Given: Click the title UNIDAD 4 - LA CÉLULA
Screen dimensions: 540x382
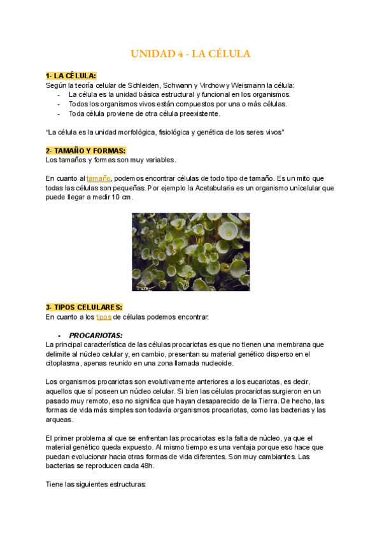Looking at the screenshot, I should click(x=190, y=54).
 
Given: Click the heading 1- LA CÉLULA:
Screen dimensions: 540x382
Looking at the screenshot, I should click(x=71, y=76).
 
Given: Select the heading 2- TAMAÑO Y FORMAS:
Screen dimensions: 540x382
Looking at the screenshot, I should click(x=86, y=150).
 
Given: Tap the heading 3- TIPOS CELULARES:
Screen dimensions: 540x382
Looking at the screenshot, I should click(x=84, y=307).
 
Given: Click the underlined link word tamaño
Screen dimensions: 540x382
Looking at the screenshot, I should click(x=99, y=179).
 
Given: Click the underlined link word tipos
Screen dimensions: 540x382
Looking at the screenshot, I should click(x=104, y=316).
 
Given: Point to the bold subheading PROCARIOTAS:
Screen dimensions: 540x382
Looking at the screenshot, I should click(x=95, y=335).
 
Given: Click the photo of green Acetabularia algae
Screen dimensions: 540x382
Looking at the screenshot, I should click(x=190, y=252).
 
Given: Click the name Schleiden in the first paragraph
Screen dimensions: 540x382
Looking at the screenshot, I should click(x=144, y=85).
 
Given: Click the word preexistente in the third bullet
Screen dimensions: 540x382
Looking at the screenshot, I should click(x=197, y=113).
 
